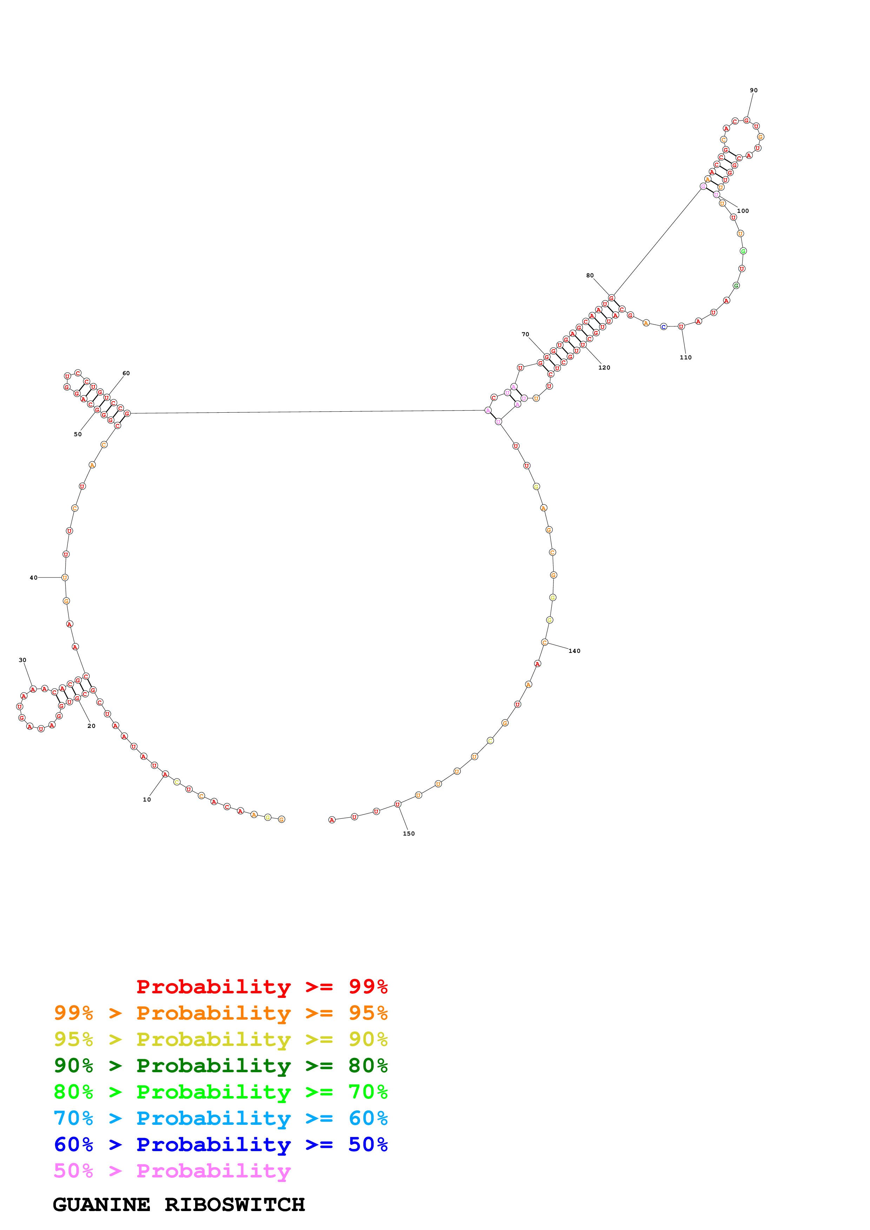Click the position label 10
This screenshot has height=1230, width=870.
tap(147, 799)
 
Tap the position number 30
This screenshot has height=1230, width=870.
tap(22, 660)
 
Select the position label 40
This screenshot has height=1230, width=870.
tap(33, 577)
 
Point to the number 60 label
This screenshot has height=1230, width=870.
tap(126, 373)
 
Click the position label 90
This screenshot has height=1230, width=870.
tap(754, 90)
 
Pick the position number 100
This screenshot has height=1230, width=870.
tap(742, 211)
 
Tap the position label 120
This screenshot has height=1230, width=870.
tap(604, 367)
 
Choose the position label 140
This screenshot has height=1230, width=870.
tap(574, 651)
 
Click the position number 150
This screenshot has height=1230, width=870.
tap(409, 833)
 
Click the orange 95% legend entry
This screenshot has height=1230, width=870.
tap(220, 1013)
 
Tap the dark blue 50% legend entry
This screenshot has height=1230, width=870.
tap(220, 1144)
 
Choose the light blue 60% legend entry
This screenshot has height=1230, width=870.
tap(220, 1118)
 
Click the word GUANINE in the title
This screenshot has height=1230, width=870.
tap(101, 1205)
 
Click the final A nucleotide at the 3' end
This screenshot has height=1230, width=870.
tap(332, 820)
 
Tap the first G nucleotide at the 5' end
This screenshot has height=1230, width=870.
tap(282, 819)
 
